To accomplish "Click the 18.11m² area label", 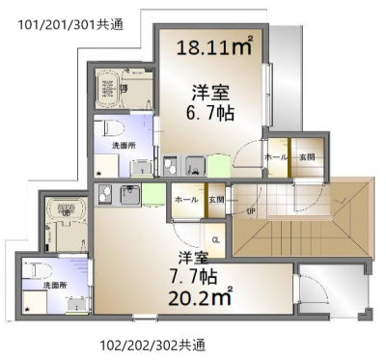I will pyautogui.click(x=212, y=44).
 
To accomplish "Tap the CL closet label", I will pyautogui.click(x=215, y=239).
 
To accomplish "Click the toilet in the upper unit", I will pyautogui.click(x=109, y=128).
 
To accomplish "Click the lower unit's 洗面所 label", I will pyautogui.click(x=45, y=286).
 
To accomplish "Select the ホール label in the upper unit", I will pyautogui.click(x=274, y=156).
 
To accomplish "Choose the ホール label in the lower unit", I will pyautogui.click(x=183, y=199).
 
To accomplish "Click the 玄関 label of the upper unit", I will pyautogui.click(x=305, y=156).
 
